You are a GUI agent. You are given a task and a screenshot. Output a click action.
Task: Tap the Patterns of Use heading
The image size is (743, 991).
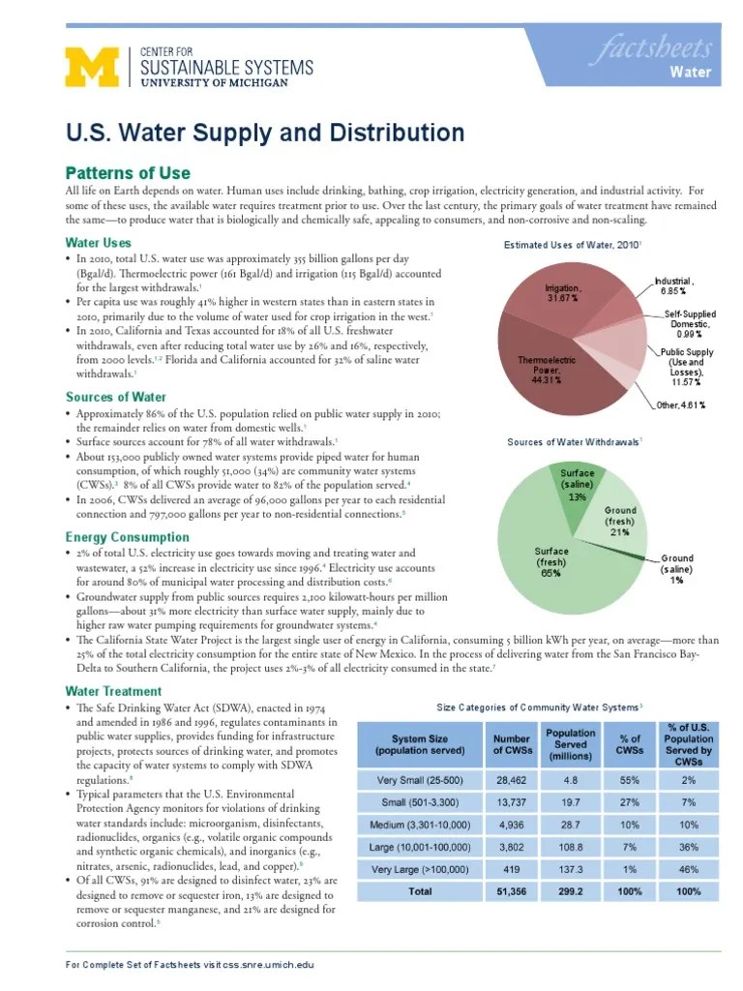[128, 172]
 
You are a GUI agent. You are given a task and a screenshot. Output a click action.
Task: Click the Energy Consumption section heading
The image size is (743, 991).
[127, 536]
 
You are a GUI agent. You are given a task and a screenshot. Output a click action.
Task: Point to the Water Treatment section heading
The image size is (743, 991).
[113, 691]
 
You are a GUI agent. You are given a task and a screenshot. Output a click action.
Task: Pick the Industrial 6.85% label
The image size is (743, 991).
[672, 285]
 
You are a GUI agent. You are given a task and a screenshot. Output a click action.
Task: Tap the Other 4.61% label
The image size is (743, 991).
[681, 405]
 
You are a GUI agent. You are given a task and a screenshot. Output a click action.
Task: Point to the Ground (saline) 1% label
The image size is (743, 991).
[676, 569]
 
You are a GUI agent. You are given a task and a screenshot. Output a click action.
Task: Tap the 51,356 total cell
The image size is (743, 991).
[512, 891]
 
